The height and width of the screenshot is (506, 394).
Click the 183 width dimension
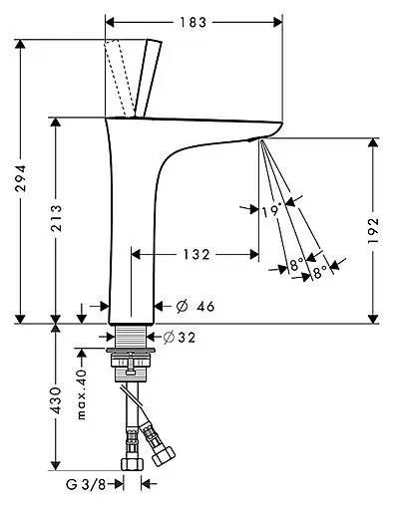(x=194, y=23)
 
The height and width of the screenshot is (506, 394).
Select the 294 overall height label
(x=21, y=178)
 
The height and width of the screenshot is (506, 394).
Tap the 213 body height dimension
(x=56, y=218)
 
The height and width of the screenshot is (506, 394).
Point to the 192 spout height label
(x=373, y=230)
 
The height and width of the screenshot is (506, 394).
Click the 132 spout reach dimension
(x=197, y=255)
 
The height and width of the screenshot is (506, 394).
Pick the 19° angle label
(x=271, y=211)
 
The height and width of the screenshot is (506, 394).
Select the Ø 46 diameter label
(x=196, y=306)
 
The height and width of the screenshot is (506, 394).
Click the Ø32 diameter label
(x=180, y=338)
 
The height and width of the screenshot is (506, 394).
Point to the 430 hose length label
(x=56, y=400)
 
